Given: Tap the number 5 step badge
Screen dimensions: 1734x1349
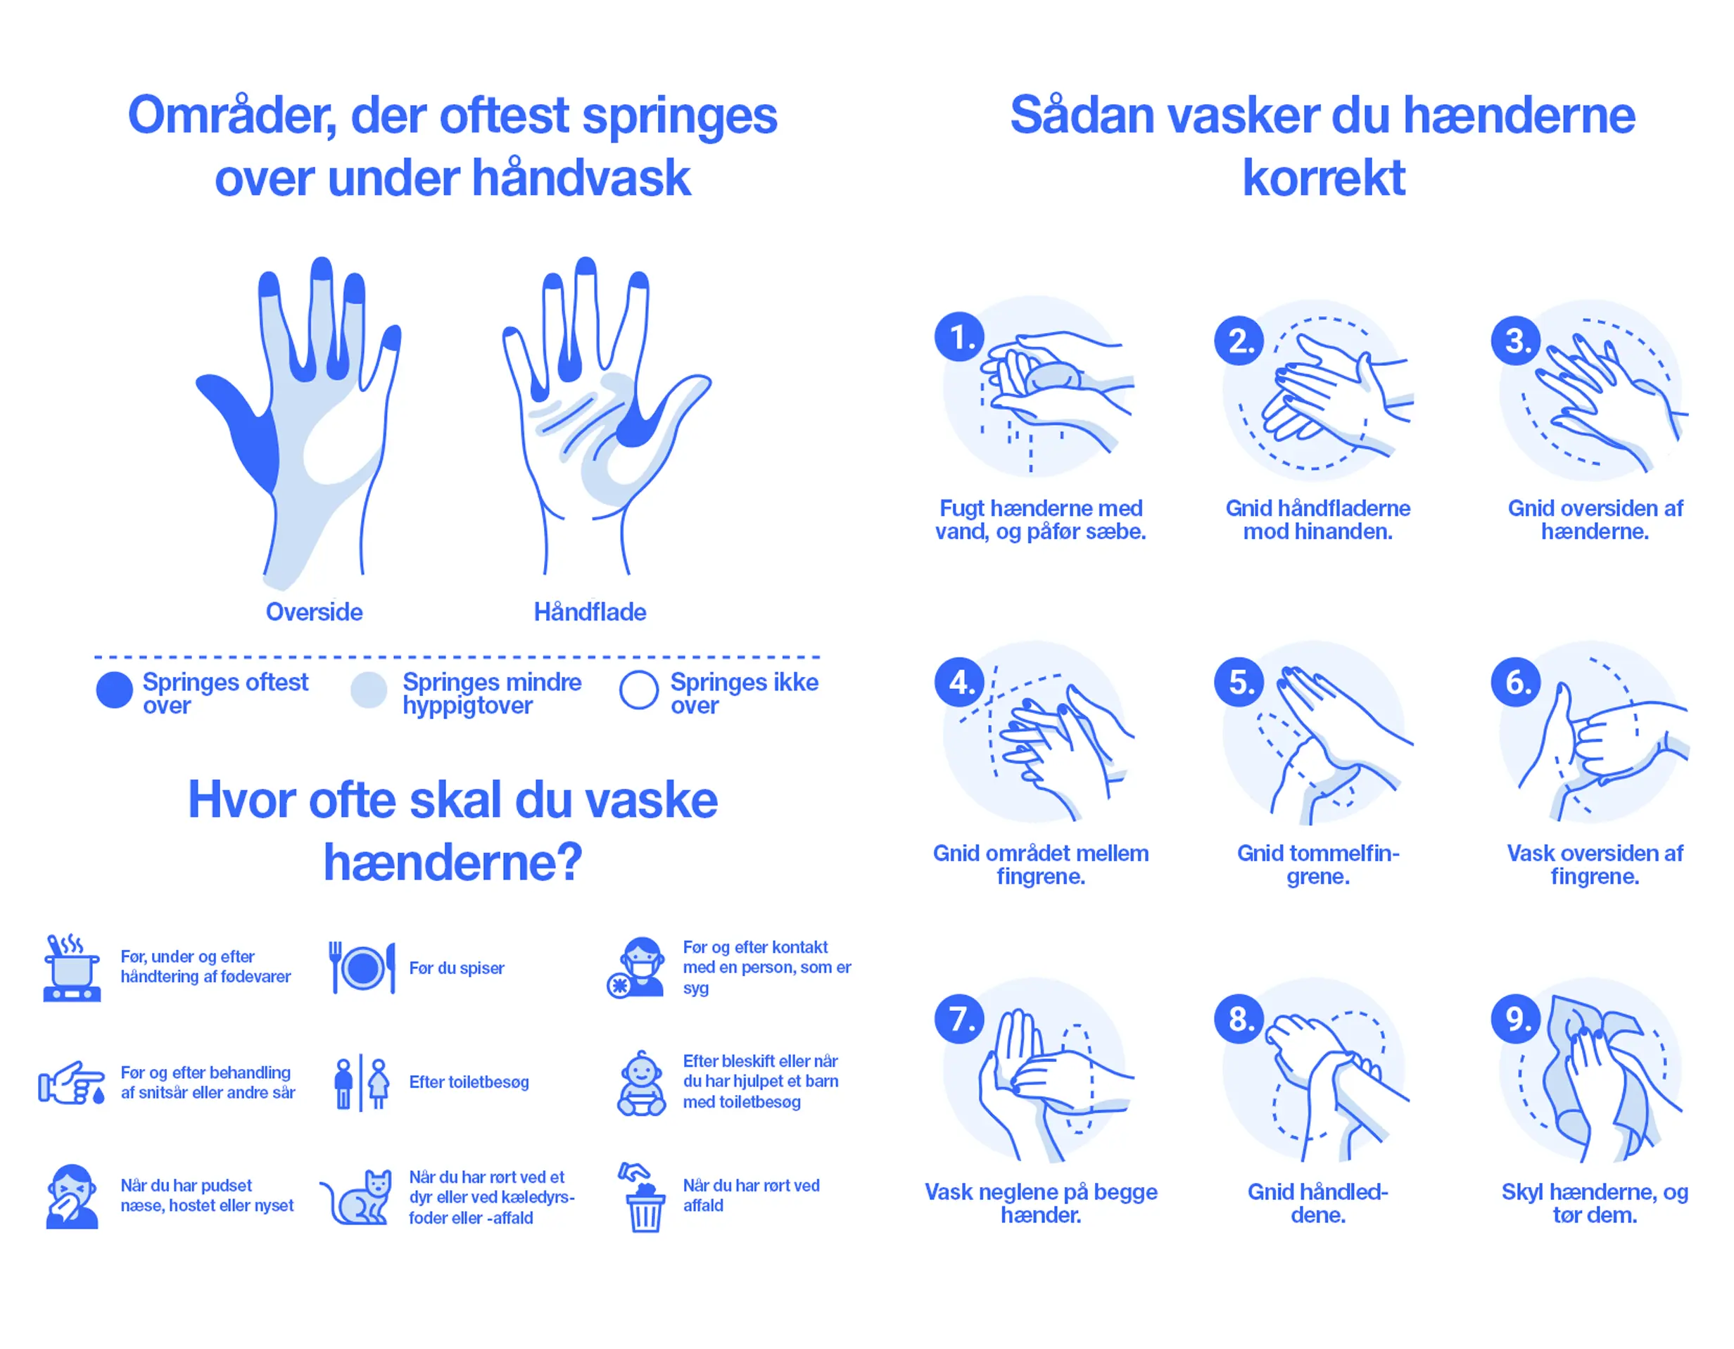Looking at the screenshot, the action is click(x=1239, y=682).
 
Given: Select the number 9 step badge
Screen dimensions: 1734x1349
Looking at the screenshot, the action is click(x=1517, y=1019).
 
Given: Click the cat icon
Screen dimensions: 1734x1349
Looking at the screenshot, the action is click(x=357, y=1197).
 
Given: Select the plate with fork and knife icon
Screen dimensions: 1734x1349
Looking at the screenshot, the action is click(x=362, y=968).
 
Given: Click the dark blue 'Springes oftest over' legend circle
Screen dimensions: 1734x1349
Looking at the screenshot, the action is click(x=114, y=690).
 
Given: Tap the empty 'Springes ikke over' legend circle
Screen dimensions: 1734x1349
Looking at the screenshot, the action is click(x=639, y=690).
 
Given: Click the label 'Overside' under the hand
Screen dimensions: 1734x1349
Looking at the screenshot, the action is click(x=315, y=612).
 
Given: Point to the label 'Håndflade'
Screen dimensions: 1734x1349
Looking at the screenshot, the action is click(x=590, y=612).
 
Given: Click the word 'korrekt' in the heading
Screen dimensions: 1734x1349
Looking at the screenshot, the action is click(x=1324, y=177).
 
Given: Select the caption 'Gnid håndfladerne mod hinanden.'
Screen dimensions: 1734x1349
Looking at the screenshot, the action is click(x=1318, y=519).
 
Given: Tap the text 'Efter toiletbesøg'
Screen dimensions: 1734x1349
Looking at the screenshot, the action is click(x=469, y=1082).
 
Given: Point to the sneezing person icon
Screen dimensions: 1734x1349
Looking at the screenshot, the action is click(x=72, y=1196).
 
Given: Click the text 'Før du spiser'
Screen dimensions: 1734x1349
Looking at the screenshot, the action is click(x=457, y=968).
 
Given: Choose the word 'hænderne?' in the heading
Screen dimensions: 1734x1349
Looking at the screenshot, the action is click(x=453, y=862).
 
